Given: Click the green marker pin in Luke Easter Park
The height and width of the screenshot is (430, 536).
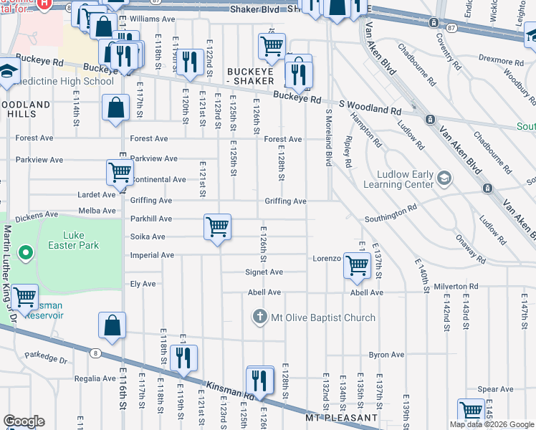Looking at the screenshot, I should (x=25, y=252).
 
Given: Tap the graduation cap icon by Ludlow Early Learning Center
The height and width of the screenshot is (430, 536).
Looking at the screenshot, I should (x=444, y=178).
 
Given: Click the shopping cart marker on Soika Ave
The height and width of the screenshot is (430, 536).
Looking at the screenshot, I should (x=217, y=228).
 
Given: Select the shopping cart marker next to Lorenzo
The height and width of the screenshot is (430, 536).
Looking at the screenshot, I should (x=357, y=265).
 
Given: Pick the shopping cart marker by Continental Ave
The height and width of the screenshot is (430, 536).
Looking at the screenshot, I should (x=120, y=173).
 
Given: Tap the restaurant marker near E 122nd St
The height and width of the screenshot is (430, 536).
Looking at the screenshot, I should (x=190, y=62).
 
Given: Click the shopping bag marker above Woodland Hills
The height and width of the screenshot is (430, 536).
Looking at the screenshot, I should (x=115, y=108).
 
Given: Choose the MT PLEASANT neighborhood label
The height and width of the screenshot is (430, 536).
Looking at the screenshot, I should (x=341, y=417).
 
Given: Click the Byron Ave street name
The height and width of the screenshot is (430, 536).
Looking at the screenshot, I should (x=387, y=355).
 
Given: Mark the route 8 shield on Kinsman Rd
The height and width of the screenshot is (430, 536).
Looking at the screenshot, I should (x=95, y=352).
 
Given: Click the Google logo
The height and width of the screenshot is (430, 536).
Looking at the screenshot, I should (x=24, y=421).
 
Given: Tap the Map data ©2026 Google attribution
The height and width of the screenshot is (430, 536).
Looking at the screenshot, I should (x=491, y=424).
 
